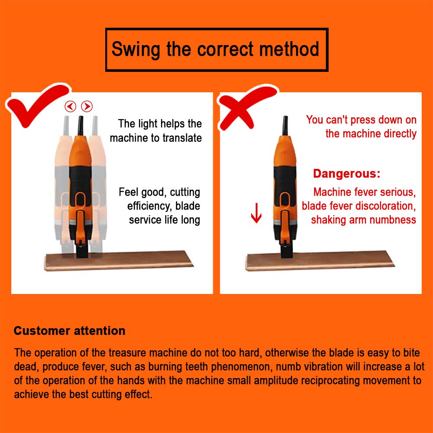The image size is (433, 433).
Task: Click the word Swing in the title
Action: (136, 50)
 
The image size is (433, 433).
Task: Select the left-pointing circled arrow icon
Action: (71, 107)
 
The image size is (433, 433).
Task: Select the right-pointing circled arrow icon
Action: (87, 107)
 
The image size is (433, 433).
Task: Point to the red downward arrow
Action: (256, 213)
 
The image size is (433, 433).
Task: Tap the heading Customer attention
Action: (70, 330)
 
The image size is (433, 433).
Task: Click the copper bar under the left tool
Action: (119, 261)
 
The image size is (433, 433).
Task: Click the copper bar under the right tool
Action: (320, 261)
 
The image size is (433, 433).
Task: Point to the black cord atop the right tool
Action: (285, 126)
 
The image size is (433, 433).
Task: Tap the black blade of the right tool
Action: (286, 251)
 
